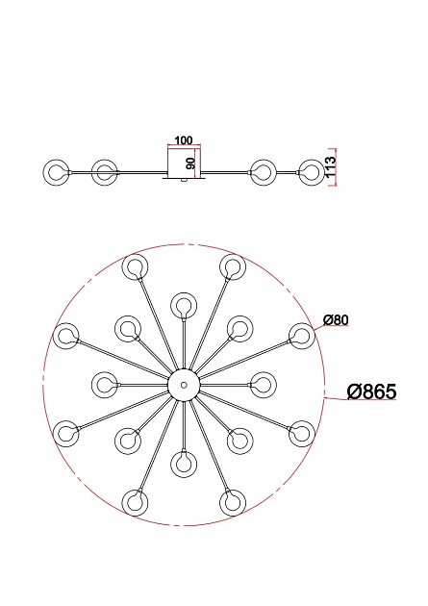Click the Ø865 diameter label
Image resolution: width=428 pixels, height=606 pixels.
point(371,391)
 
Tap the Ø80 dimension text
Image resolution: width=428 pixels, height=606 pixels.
point(336,320)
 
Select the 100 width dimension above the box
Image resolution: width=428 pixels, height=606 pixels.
point(184,140)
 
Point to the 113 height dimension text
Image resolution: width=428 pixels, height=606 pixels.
point(331,166)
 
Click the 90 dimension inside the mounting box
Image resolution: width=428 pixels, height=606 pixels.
point(190,164)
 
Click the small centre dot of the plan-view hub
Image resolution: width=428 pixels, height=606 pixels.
point(184,385)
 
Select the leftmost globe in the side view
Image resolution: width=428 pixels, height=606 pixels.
point(56,172)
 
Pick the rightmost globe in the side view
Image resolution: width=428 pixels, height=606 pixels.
point(312,172)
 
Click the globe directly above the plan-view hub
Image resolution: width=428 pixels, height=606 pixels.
point(183,305)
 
